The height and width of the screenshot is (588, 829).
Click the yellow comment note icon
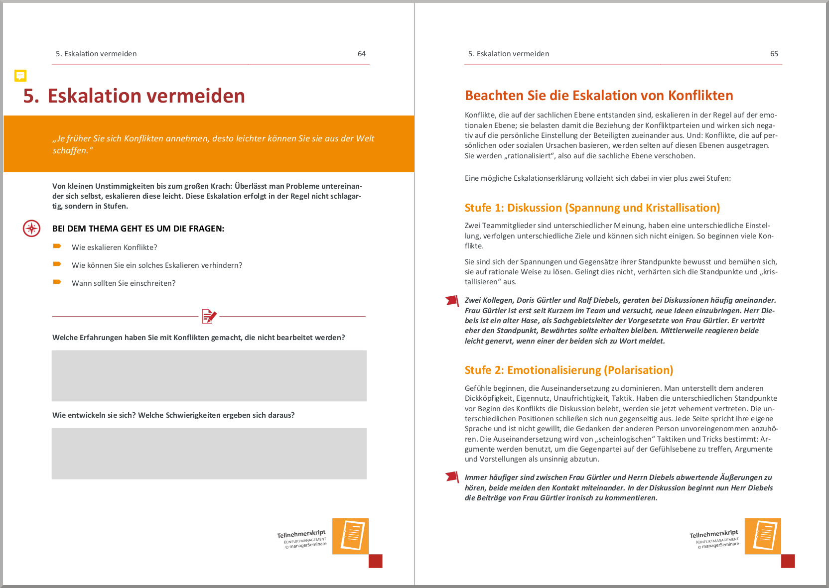click(x=20, y=76)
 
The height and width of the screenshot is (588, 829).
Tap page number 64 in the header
click(x=362, y=54)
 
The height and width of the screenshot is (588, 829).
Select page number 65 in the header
click(x=774, y=54)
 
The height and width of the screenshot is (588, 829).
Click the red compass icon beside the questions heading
click(x=32, y=229)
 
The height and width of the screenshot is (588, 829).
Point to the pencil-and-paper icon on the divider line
click(x=209, y=316)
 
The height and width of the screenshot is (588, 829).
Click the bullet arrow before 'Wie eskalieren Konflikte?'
click(x=57, y=246)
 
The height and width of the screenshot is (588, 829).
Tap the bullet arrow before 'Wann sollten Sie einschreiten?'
click(x=57, y=282)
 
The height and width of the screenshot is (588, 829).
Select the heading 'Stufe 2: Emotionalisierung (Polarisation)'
click(x=568, y=370)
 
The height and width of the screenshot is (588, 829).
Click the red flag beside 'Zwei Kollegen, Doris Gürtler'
click(x=452, y=301)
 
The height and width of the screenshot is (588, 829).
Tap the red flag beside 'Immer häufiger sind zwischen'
click(x=452, y=477)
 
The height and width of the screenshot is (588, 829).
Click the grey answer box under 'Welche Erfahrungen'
click(x=209, y=375)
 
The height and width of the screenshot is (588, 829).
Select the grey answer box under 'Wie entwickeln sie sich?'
click(x=209, y=453)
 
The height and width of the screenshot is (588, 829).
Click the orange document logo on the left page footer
click(x=350, y=536)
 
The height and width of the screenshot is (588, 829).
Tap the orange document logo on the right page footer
click(x=763, y=536)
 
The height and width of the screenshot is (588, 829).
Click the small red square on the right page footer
click(x=788, y=561)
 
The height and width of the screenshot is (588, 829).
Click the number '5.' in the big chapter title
click(x=31, y=96)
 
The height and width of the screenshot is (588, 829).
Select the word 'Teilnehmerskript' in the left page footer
click(x=301, y=534)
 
